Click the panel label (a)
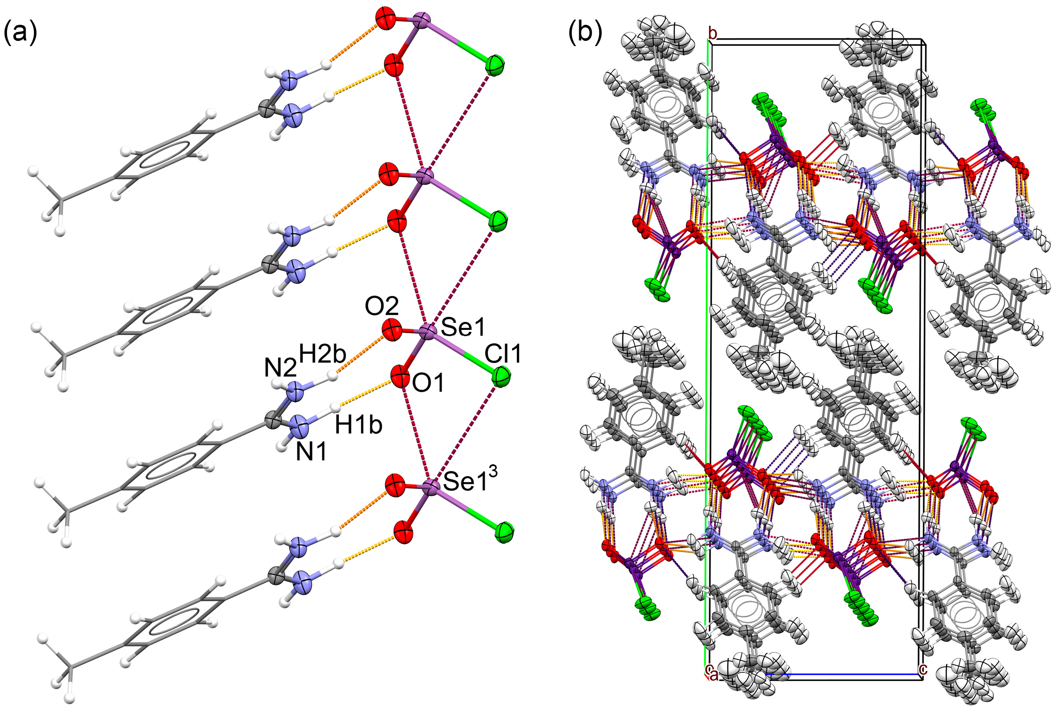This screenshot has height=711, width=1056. pos(20,33)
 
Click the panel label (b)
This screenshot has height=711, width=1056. pos(585,33)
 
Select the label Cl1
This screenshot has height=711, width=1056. pos(503,354)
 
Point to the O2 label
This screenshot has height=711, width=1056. pos(381,306)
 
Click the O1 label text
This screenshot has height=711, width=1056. pos(428,384)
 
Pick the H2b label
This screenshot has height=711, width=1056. pos(323,354)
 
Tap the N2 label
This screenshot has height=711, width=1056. pos(280,367)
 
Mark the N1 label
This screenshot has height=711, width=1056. pos(311,452)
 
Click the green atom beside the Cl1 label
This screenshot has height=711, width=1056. pos(501,377)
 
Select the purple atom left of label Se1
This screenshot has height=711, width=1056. pos(427,332)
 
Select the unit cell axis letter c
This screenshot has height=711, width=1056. pos(923,681)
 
